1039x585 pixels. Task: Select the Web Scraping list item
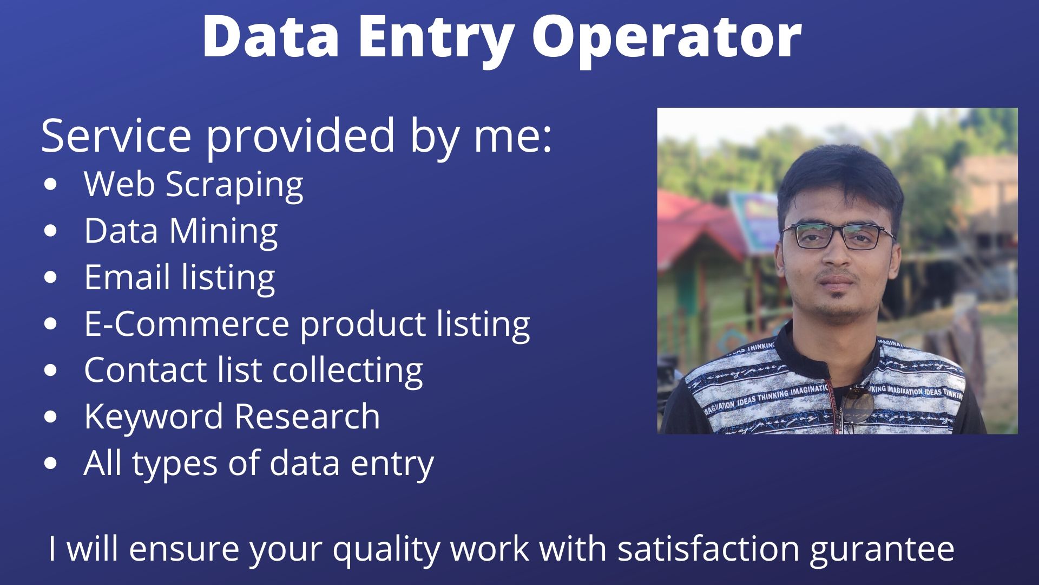193,185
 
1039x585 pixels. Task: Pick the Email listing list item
179,277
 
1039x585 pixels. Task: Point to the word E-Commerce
187,324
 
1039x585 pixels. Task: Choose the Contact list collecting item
253,370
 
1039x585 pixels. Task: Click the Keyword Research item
232,417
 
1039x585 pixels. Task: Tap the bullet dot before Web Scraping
50,184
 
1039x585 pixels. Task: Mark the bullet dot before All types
50,464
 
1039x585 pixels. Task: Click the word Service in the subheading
116,135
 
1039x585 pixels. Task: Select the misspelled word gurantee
882,549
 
